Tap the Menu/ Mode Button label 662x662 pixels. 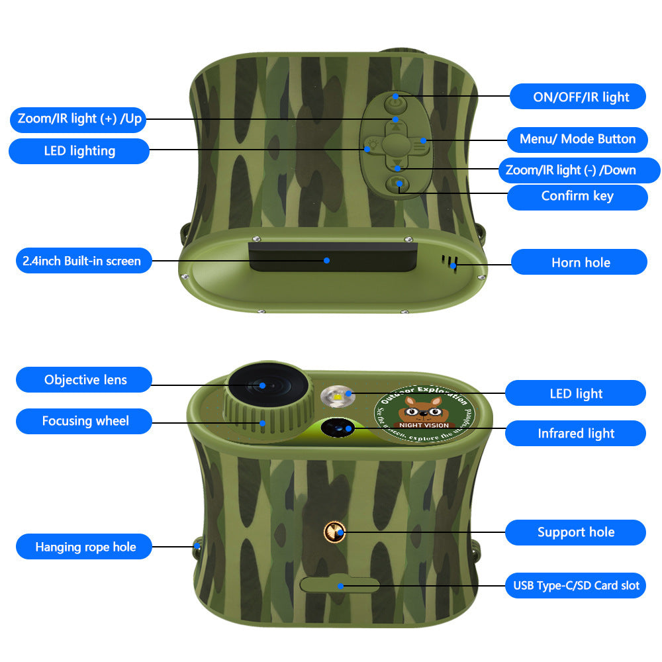577,139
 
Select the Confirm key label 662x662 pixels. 577,197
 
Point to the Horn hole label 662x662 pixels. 580,263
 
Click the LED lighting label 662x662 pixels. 79,151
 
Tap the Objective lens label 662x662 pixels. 85,380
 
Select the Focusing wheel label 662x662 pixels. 85,421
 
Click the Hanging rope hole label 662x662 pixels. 85,547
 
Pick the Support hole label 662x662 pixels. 575,532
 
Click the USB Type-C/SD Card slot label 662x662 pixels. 575,586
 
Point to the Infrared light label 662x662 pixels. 575,434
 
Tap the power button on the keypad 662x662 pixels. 395,99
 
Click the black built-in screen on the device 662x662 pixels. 332,256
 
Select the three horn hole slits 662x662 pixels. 451,261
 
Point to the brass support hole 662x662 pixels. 335,531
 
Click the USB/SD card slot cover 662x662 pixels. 340,585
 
